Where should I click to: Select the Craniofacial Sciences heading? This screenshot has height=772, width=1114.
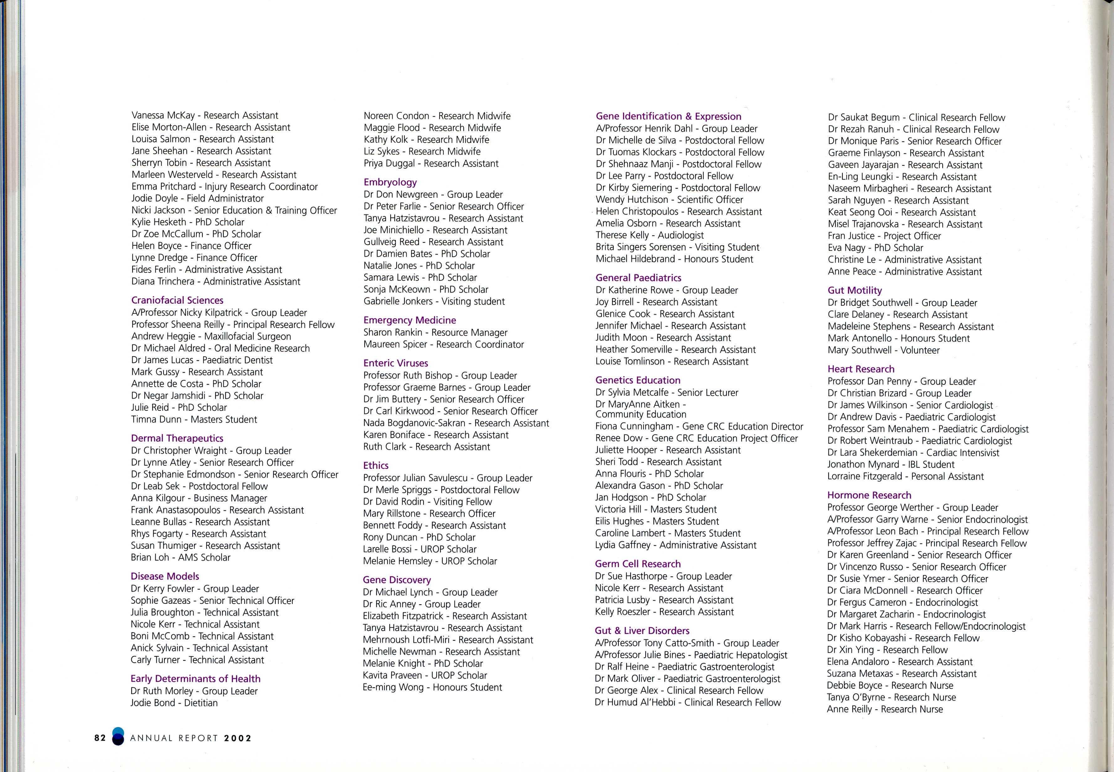coord(177,300)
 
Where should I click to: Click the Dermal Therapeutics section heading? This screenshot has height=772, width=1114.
coord(177,438)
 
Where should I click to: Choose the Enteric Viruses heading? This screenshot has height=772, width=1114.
coord(396,363)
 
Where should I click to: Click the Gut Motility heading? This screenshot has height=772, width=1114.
coord(854,290)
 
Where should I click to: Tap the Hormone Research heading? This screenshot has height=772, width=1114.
coord(869,495)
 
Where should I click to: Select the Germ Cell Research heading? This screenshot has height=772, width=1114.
coord(638,564)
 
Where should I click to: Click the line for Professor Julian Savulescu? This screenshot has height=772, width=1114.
coord(447,478)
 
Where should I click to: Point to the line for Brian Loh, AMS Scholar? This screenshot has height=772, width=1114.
coord(180,557)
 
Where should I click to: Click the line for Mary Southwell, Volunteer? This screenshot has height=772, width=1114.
coord(883,350)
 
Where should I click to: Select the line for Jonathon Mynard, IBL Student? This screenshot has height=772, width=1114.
coord(891,464)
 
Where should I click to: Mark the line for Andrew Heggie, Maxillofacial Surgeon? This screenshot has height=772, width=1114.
coord(211,336)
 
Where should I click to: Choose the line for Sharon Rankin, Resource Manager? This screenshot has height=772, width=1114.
coord(435,332)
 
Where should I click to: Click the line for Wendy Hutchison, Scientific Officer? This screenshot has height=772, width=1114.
coord(669,199)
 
